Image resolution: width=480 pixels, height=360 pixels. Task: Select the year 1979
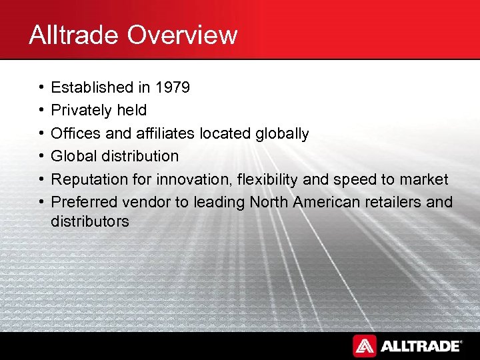172,87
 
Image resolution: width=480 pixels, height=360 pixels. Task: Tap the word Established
92,87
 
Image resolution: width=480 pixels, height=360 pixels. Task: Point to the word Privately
80,110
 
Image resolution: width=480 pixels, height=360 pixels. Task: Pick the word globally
282,133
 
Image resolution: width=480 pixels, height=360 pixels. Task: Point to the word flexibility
267,179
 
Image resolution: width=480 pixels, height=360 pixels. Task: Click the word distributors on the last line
90,221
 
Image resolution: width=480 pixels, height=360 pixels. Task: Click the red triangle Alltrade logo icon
365,346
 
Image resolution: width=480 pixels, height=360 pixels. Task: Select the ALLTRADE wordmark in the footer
420,346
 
